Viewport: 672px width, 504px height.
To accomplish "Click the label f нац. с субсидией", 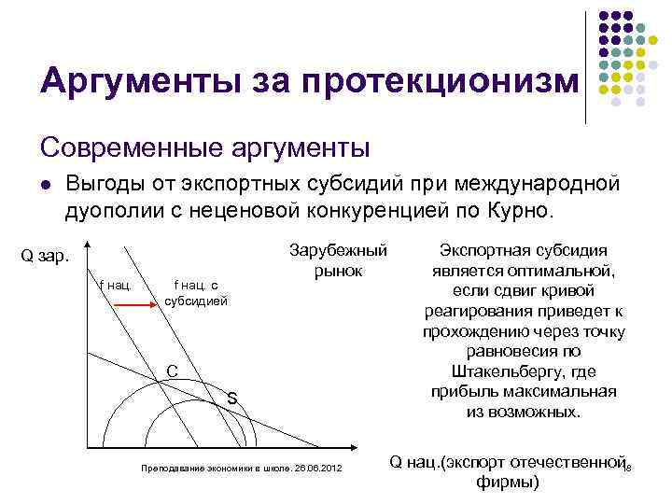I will (x=196, y=294).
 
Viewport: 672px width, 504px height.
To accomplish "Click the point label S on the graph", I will (x=231, y=399).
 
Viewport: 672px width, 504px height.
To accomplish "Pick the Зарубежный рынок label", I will (x=337, y=260).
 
